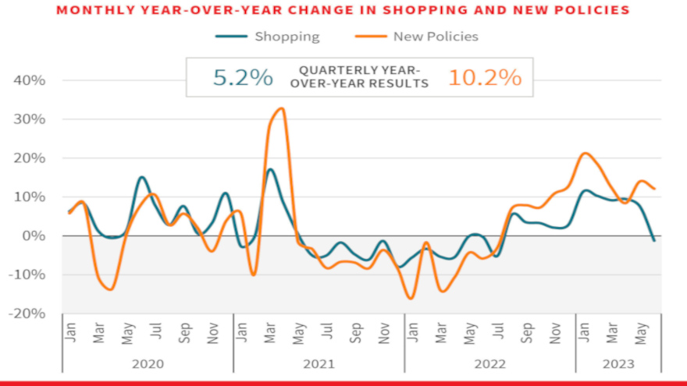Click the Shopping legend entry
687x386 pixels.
[287, 37]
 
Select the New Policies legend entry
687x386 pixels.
[435, 37]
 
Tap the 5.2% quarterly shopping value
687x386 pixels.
[243, 78]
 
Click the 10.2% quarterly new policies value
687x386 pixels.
[484, 78]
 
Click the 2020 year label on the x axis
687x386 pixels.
[148, 363]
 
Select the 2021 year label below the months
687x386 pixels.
[319, 363]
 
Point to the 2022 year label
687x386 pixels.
[489, 363]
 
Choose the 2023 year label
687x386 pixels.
[618, 363]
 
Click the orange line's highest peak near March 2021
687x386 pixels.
[282, 108]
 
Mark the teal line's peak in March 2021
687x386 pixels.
[270, 169]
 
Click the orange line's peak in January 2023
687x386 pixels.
[585, 153]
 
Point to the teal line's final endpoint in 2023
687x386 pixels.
[653, 240]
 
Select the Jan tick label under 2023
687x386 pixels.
[582, 332]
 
